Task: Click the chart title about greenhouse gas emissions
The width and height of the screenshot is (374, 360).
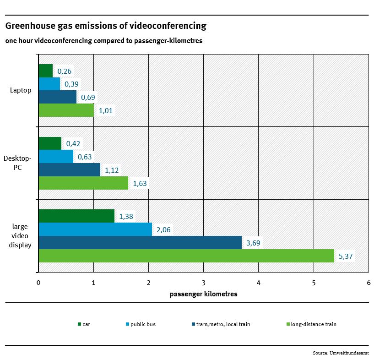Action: point(105,26)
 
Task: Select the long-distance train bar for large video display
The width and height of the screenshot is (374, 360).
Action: point(186,256)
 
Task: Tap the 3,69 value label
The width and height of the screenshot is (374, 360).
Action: point(254,243)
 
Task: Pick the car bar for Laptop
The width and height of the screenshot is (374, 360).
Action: point(45,71)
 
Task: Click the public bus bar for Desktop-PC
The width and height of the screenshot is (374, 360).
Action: point(55,157)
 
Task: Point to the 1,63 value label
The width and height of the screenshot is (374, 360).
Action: point(140,184)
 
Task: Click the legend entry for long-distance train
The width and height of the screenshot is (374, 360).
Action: point(314,324)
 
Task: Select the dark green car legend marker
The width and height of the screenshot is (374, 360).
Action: point(79,324)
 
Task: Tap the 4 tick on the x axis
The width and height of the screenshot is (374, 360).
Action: point(259,283)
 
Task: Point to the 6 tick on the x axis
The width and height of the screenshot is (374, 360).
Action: point(369,283)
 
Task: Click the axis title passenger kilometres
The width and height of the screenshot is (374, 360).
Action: point(203,294)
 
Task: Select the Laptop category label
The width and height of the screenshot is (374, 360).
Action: point(21,90)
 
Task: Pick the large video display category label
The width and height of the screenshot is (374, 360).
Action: point(20,235)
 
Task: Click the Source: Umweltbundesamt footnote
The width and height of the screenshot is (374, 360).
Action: point(341,353)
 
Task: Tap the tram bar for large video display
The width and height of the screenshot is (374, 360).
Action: point(140,243)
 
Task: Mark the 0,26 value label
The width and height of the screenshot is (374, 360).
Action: point(65,71)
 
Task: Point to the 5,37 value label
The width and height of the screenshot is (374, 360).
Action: point(346,256)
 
